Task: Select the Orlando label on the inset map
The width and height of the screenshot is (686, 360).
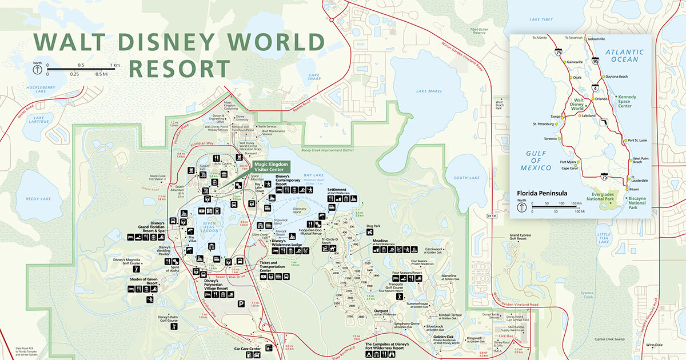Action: tap(601, 98)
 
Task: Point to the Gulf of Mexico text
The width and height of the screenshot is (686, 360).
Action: tap(536, 161)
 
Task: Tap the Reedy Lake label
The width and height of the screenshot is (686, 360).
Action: tap(38, 199)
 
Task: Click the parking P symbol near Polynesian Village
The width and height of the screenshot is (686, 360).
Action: tap(241, 304)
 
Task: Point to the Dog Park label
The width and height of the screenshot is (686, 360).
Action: tap(373, 226)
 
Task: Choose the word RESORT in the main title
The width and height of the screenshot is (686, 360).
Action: tap(179, 67)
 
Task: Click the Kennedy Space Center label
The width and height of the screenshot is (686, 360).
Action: tap(627, 101)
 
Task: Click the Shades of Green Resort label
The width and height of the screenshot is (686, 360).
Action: tap(143, 282)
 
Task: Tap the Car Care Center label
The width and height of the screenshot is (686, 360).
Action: tap(247, 348)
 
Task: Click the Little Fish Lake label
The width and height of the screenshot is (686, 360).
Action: tap(604, 238)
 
